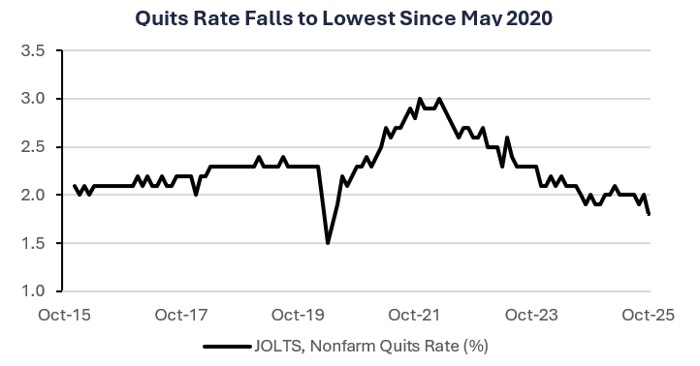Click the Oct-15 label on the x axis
65,315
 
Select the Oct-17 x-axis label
182,315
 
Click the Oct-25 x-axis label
649,315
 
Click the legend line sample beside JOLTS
227,345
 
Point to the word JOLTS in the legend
280,345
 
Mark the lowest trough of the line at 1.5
328,242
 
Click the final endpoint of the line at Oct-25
649,214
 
